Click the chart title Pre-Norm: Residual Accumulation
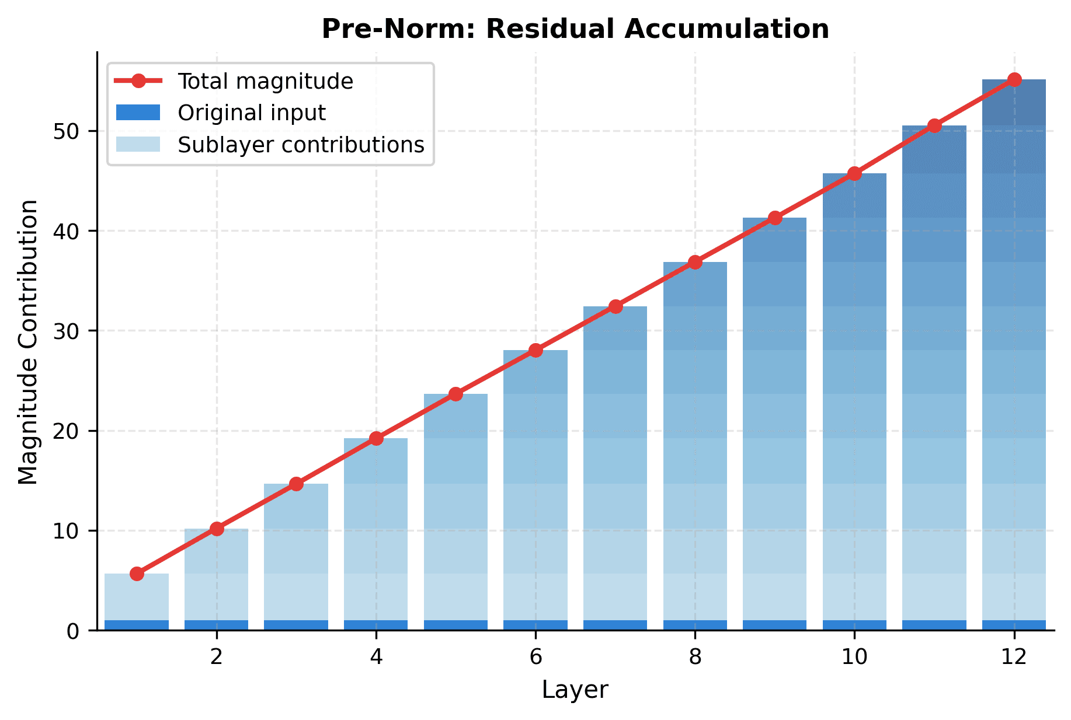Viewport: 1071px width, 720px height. pos(575,29)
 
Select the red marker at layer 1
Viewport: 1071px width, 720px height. pos(137,574)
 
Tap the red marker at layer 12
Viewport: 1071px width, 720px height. pos(1014,80)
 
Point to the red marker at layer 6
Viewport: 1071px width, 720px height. pos(535,350)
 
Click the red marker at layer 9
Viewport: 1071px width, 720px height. pos(775,218)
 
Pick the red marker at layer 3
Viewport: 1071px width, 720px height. pos(296,484)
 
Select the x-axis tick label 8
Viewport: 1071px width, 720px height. pos(695,658)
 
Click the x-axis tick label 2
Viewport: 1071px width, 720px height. pos(217,658)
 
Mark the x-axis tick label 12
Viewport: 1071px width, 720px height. pos(1014,658)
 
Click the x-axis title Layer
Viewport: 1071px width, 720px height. pos(575,690)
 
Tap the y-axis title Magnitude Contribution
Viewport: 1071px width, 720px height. pos(28,342)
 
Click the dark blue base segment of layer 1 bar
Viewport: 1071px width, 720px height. pos(137,625)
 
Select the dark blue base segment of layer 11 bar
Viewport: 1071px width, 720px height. pos(934,625)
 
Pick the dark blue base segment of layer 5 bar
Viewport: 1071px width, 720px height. pos(455,625)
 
